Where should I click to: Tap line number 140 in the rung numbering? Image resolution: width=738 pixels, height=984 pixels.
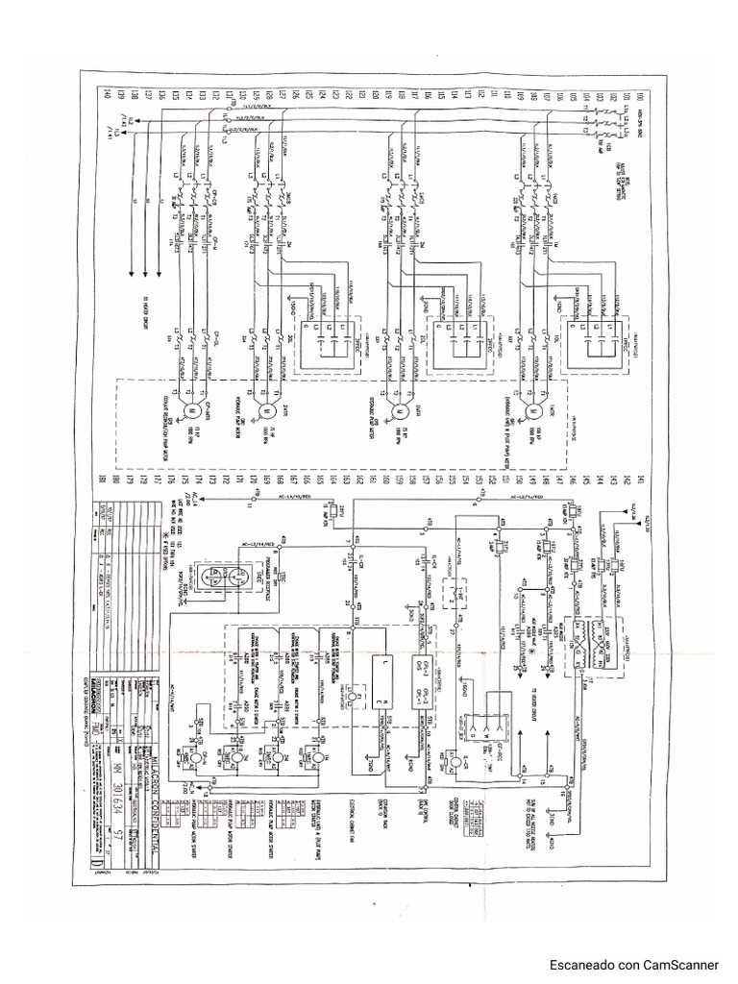pyautogui.click(x=106, y=95)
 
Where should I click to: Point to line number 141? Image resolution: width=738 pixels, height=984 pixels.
pyautogui.click(x=639, y=477)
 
